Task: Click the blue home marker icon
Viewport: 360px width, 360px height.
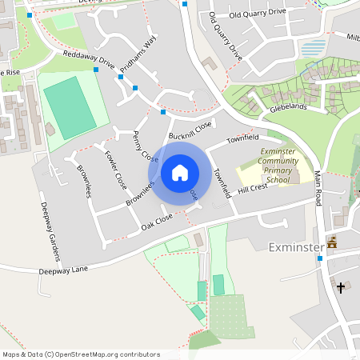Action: click(x=180, y=172)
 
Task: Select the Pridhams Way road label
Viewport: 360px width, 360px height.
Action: click(x=138, y=58)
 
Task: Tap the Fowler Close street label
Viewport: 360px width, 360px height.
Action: click(x=116, y=170)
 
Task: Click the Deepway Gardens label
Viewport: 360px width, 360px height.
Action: click(x=50, y=231)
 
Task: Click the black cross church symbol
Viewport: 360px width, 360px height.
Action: click(x=341, y=286)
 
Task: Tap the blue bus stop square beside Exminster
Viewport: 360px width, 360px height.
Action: click(x=320, y=258)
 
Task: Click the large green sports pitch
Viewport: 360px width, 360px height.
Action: click(x=69, y=106)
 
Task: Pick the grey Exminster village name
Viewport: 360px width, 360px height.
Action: click(x=295, y=246)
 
